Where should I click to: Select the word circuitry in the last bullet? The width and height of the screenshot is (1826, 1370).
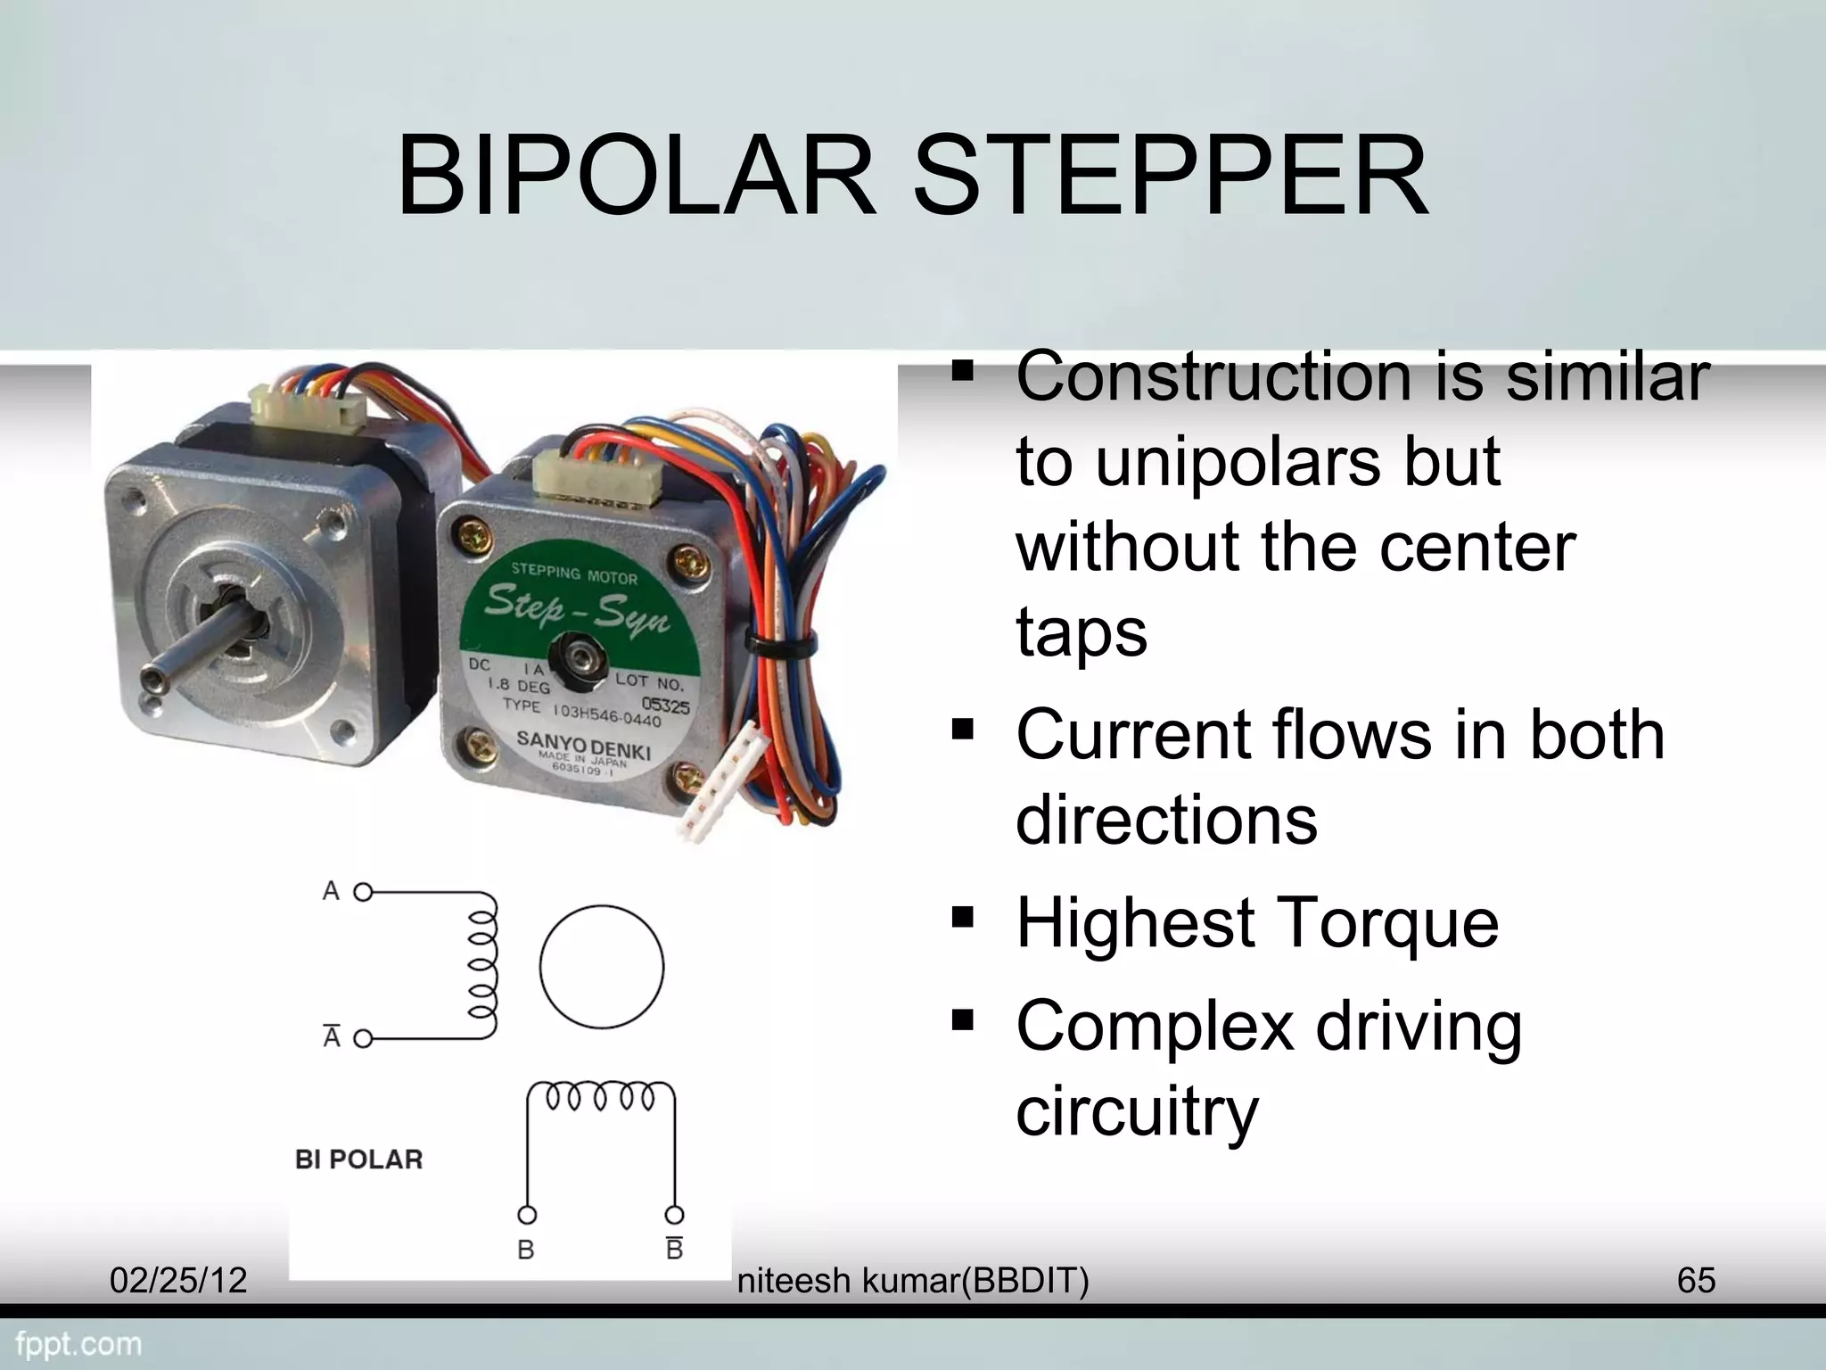pos(1137,1111)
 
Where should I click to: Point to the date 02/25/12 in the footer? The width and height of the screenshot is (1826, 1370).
pos(177,1280)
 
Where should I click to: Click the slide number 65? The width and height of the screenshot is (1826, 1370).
pos(1696,1280)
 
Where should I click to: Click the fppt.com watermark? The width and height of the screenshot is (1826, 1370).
pos(79,1343)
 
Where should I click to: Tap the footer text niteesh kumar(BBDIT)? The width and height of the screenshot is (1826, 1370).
pos(913,1281)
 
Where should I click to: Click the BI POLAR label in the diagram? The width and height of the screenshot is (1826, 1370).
pos(358,1160)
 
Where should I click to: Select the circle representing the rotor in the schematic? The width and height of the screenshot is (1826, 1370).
pos(602,966)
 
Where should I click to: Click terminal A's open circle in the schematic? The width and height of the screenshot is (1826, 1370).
pos(363,892)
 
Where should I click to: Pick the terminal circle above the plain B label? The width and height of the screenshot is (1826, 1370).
pos(527,1215)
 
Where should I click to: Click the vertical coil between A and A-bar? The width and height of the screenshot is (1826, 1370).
pos(482,966)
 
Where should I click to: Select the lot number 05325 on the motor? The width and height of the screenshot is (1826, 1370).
pos(665,706)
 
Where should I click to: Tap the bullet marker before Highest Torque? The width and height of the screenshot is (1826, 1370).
pos(962,916)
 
